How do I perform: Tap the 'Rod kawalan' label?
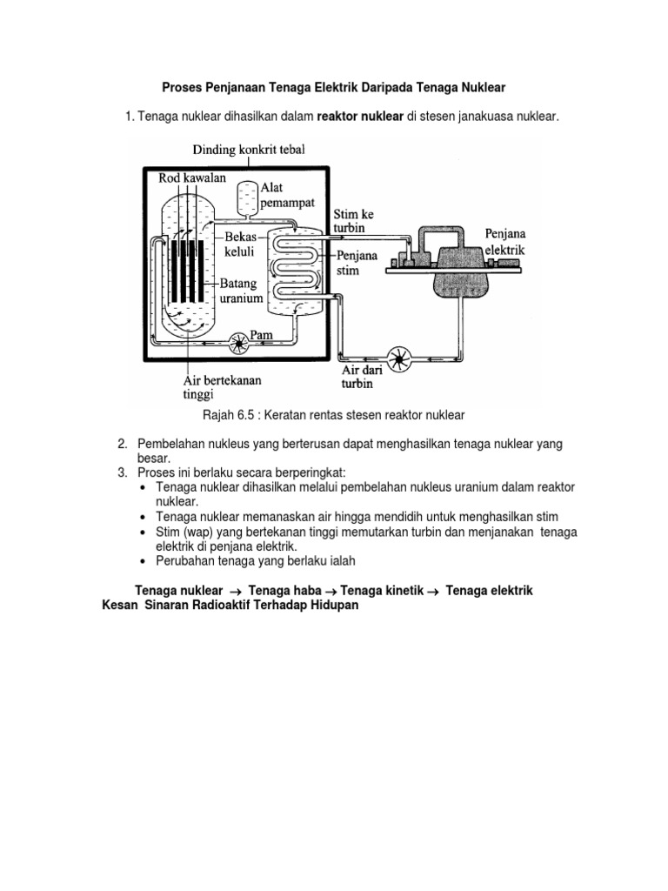click(192, 178)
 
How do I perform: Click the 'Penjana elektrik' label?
click(505, 241)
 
